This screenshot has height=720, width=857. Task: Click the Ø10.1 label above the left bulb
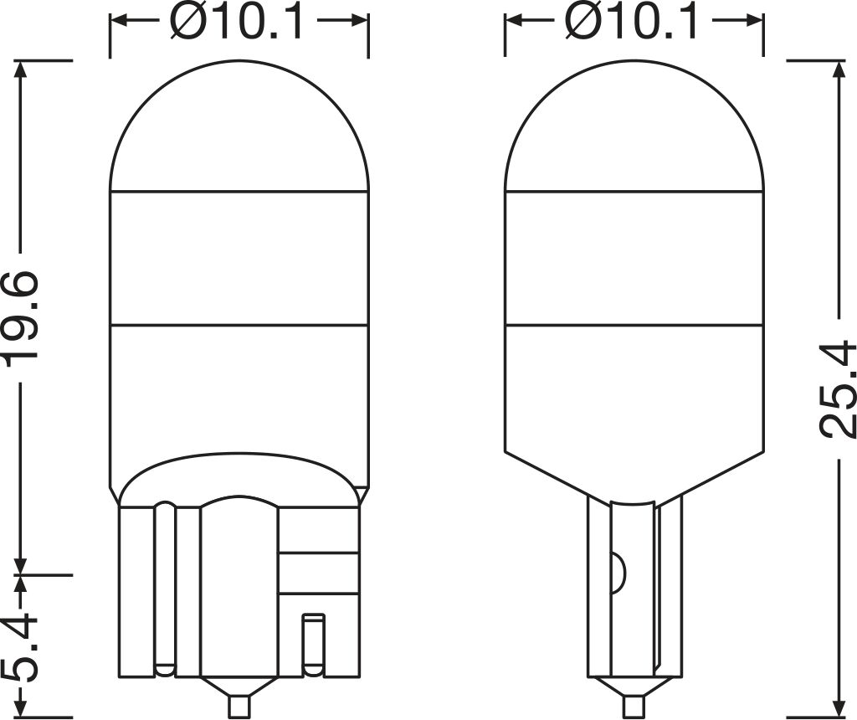[238, 23]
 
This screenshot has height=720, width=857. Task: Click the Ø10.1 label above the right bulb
[632, 23]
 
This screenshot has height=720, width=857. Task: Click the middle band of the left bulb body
[239, 257]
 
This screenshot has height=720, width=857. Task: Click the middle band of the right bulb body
[634, 257]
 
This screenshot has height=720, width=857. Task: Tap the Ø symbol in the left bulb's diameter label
[186, 23]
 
